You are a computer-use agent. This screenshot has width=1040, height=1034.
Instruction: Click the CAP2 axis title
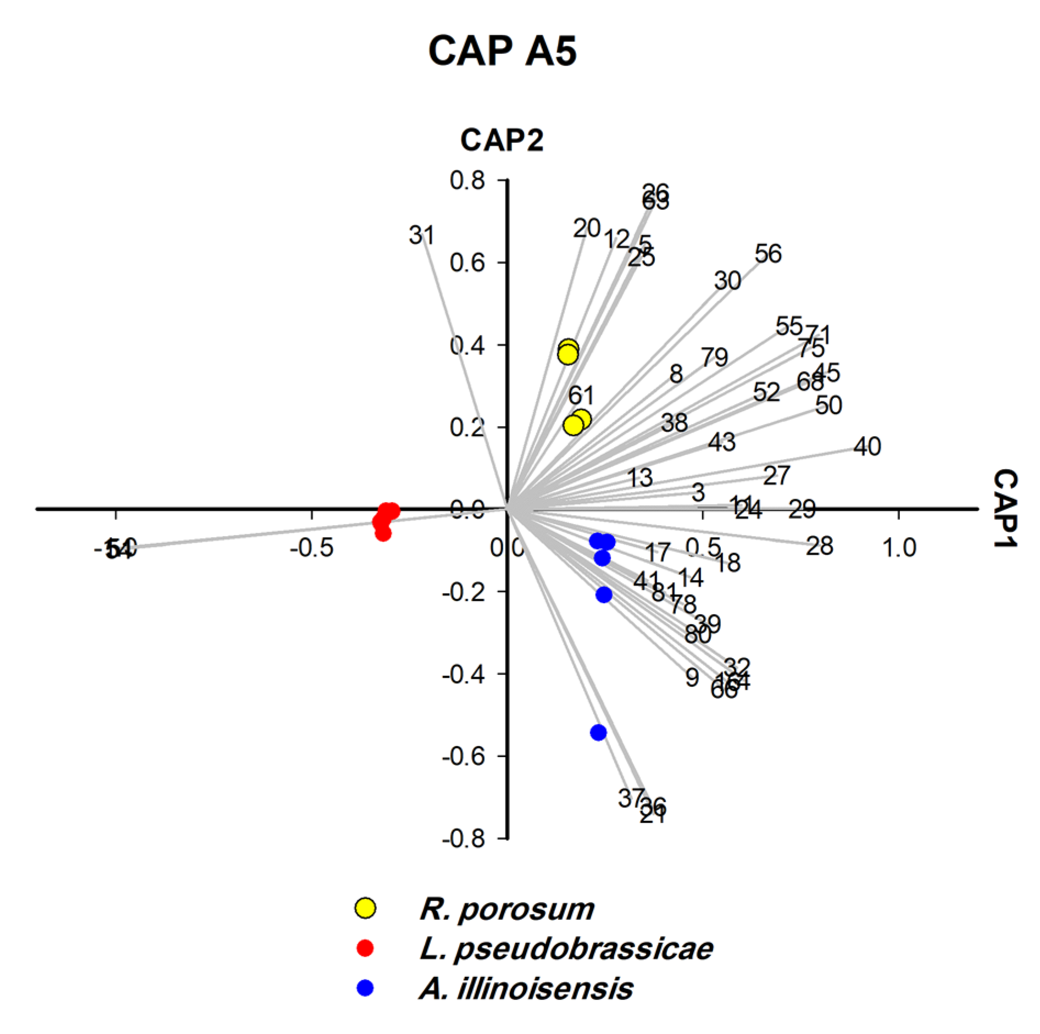[x=502, y=140]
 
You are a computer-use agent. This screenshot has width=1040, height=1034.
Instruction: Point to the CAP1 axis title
[x=1005, y=509]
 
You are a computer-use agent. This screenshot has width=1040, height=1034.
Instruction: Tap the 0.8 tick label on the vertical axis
[x=468, y=181]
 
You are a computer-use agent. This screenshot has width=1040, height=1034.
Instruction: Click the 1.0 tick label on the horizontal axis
[x=898, y=548]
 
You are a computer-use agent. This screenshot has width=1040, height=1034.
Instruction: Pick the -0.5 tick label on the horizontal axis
[x=312, y=548]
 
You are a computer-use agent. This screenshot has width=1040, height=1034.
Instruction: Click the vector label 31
[x=421, y=236]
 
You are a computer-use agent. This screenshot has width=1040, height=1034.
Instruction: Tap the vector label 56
[x=768, y=254]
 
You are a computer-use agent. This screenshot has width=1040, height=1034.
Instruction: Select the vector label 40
[x=867, y=447]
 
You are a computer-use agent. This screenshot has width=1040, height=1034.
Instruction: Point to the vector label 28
[x=820, y=546]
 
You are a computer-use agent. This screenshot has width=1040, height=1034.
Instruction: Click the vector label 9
[x=692, y=677]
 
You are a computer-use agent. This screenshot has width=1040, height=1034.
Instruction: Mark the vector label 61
[x=581, y=395]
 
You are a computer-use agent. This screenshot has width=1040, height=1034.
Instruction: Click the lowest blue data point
[x=598, y=732]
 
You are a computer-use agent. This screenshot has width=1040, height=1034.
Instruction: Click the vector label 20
[x=586, y=228]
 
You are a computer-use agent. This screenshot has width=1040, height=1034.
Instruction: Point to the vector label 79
[x=714, y=358]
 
